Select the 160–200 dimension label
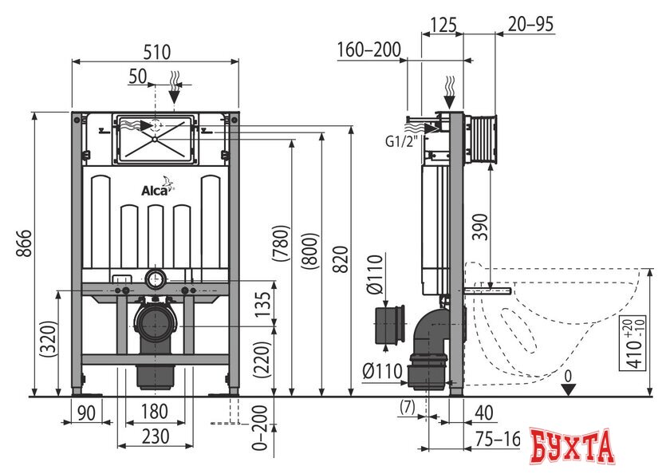[368, 51]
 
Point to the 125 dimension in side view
[443, 25]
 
